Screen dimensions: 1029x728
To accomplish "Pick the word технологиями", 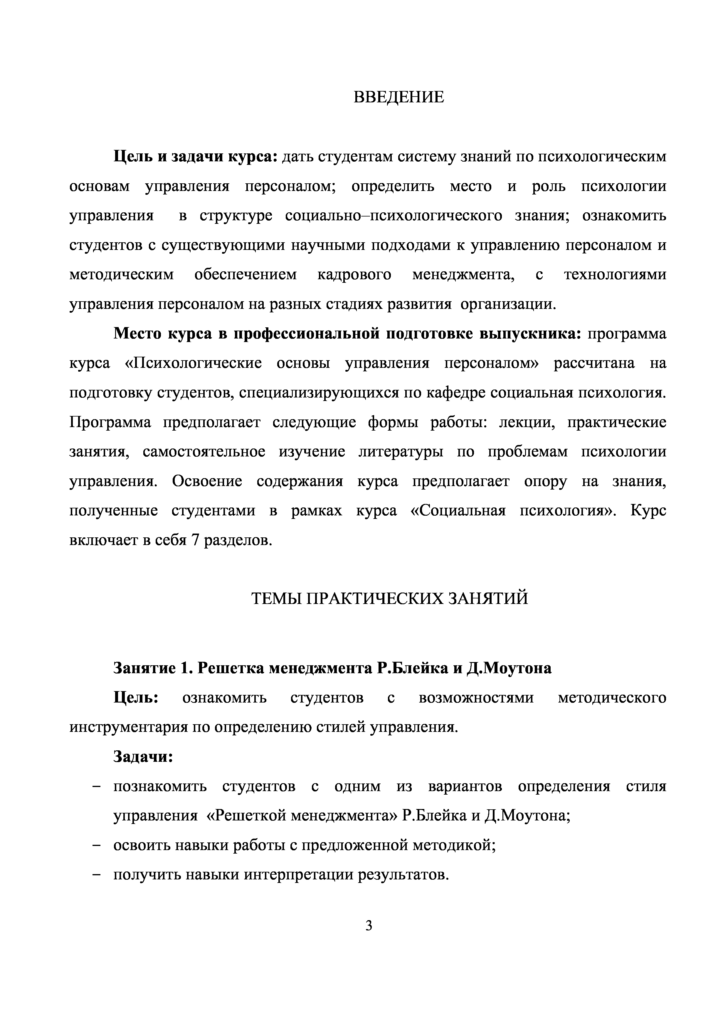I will (615, 274).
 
